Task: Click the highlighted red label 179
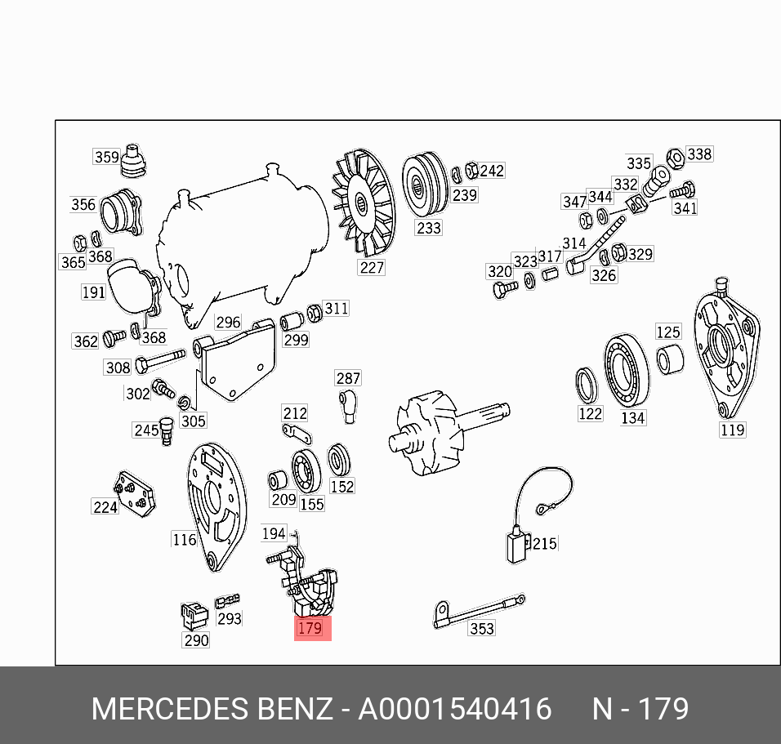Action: pyautogui.click(x=312, y=628)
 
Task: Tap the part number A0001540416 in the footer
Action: pyautogui.click(x=455, y=709)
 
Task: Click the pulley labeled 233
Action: pyautogui.click(x=425, y=185)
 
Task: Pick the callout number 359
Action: pyautogui.click(x=106, y=157)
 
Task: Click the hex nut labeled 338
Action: pyautogui.click(x=676, y=158)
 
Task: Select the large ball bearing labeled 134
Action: pyautogui.click(x=626, y=371)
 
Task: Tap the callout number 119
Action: pyautogui.click(x=732, y=430)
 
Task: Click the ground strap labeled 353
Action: pyautogui.click(x=478, y=609)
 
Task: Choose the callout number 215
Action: pyautogui.click(x=544, y=543)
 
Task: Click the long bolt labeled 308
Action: pyautogui.click(x=160, y=360)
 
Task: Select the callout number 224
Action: pyautogui.click(x=105, y=507)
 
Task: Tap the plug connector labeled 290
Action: pyautogui.click(x=194, y=616)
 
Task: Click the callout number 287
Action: pyautogui.click(x=348, y=378)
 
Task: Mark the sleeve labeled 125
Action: pyautogui.click(x=670, y=360)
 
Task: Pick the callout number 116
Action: pyautogui.click(x=184, y=539)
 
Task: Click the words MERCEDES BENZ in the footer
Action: pyautogui.click(x=212, y=709)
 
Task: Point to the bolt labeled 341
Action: pyautogui.click(x=682, y=191)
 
